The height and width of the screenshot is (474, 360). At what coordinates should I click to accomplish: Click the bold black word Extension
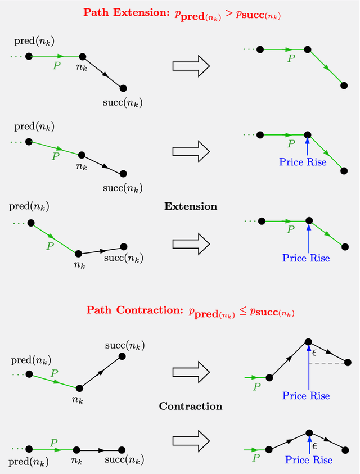[190, 206]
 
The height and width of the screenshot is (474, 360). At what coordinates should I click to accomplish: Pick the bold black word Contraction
[190, 406]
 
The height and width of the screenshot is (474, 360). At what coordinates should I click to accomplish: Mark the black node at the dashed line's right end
[348, 362]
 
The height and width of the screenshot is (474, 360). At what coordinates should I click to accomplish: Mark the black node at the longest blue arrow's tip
[308, 341]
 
